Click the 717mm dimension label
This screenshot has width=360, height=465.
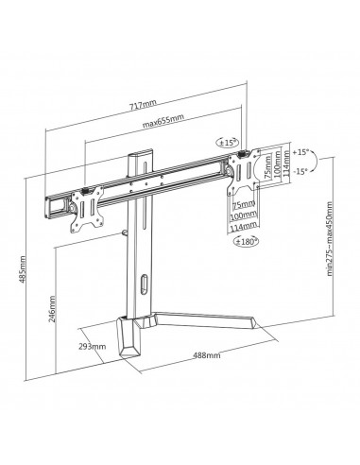pyautogui.click(x=143, y=104)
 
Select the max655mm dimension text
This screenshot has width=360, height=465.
pyautogui.click(x=163, y=121)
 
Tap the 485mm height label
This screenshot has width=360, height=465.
pyautogui.click(x=23, y=269)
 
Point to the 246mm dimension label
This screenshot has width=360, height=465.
pyautogui.click(x=53, y=309)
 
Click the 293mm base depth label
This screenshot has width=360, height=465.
pyautogui.click(x=92, y=347)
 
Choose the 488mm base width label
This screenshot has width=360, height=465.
pyautogui.click(x=207, y=355)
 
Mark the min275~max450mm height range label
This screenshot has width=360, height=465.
pyautogui.click(x=330, y=239)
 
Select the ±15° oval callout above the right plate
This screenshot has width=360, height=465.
pyautogui.click(x=227, y=143)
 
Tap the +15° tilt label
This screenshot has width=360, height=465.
pyautogui.click(x=300, y=152)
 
